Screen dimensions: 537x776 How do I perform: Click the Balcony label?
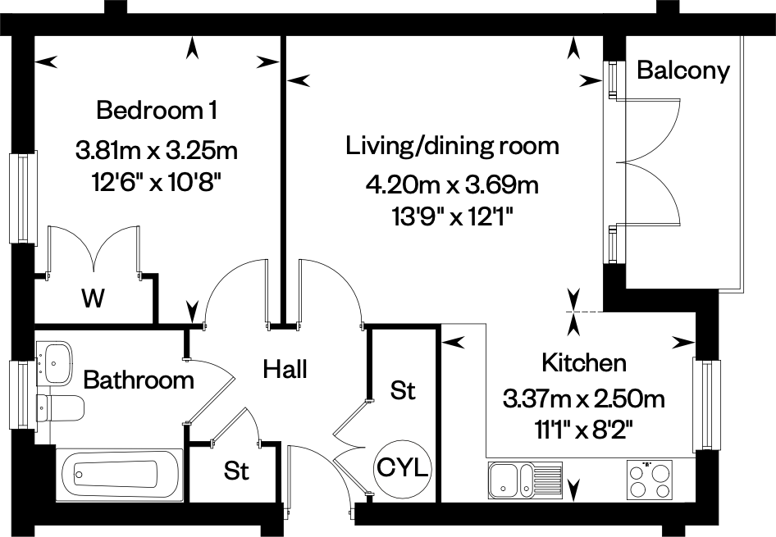(682, 71)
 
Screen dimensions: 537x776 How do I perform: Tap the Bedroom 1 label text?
(157, 109)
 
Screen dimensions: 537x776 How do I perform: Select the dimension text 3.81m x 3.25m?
(156, 150)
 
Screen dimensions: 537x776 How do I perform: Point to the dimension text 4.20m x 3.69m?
(452, 185)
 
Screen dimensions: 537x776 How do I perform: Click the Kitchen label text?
(583, 362)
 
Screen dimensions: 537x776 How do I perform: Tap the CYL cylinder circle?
(403, 469)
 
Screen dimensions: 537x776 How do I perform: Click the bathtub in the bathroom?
(119, 475)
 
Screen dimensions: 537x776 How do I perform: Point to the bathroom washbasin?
(55, 362)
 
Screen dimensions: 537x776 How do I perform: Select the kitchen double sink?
(524, 480)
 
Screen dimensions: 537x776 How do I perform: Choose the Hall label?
(285, 369)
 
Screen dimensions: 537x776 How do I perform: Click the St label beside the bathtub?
(236, 471)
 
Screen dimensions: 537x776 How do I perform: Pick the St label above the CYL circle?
(402, 391)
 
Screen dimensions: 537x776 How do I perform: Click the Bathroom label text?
(139, 380)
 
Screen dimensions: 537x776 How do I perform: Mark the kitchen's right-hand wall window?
(704, 404)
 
